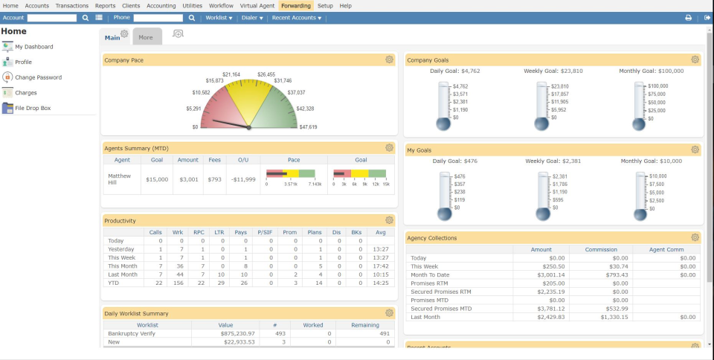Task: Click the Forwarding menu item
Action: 296,5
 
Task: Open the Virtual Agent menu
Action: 257,5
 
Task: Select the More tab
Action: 146,36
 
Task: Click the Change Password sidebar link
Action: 38,77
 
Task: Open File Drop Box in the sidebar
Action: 33,108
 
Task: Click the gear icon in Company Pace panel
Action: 389,60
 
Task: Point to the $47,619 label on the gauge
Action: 308,127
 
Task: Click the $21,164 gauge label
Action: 231,74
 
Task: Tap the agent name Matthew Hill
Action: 119,179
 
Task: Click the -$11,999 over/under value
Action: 243,179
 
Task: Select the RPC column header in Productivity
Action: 199,232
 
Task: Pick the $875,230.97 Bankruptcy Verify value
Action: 234,334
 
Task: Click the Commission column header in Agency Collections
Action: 601,249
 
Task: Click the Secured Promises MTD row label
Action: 441,308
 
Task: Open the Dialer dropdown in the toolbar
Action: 251,17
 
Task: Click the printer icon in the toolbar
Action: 688,17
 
